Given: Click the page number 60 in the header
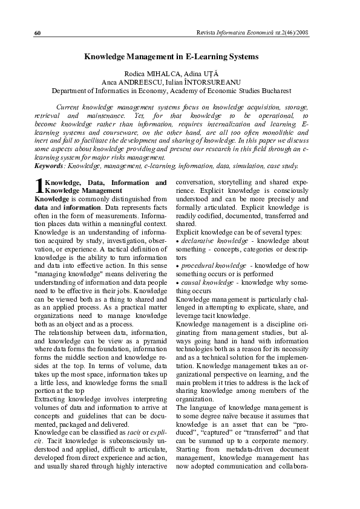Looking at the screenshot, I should pyautogui.click(x=38, y=31).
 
